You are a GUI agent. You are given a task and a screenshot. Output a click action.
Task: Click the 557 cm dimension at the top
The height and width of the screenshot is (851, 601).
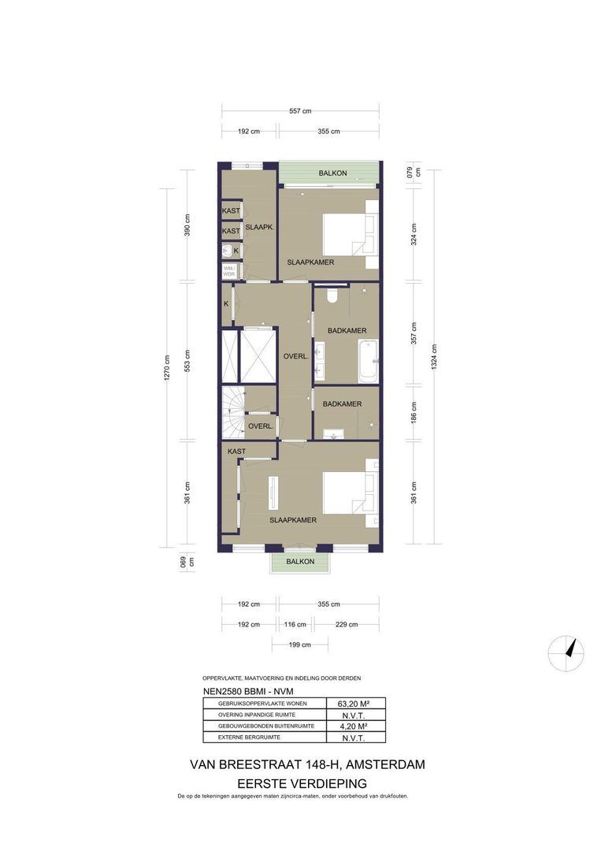click(300, 111)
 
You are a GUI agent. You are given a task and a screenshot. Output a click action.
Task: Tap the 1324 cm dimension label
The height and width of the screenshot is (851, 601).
click(434, 357)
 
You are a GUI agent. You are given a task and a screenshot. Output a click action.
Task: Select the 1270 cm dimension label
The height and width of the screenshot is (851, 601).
click(167, 367)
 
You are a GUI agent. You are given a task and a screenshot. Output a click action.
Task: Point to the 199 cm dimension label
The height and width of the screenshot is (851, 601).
click(299, 645)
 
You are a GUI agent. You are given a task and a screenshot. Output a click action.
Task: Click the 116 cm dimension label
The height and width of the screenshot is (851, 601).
click(295, 624)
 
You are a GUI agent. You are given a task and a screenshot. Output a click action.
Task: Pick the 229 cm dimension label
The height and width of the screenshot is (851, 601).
click(347, 624)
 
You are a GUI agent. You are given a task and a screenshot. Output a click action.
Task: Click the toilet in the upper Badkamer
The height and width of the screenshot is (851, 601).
click(332, 294)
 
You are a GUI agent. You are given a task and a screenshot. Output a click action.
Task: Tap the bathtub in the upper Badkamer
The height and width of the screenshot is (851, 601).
click(369, 359)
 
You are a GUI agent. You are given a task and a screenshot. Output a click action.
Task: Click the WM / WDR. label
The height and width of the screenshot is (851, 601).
click(229, 271)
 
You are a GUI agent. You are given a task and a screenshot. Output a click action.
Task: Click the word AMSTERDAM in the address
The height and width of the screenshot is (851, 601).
click(386, 764)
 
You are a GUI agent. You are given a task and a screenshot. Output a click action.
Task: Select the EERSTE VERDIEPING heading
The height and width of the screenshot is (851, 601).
click(302, 784)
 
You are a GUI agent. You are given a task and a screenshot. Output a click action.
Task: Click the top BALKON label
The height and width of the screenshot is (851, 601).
click(332, 173)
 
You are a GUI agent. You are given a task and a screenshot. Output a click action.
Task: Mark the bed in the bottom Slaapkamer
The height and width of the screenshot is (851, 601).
click(351, 492)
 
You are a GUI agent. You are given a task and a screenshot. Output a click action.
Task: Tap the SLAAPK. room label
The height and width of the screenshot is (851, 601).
click(259, 228)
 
